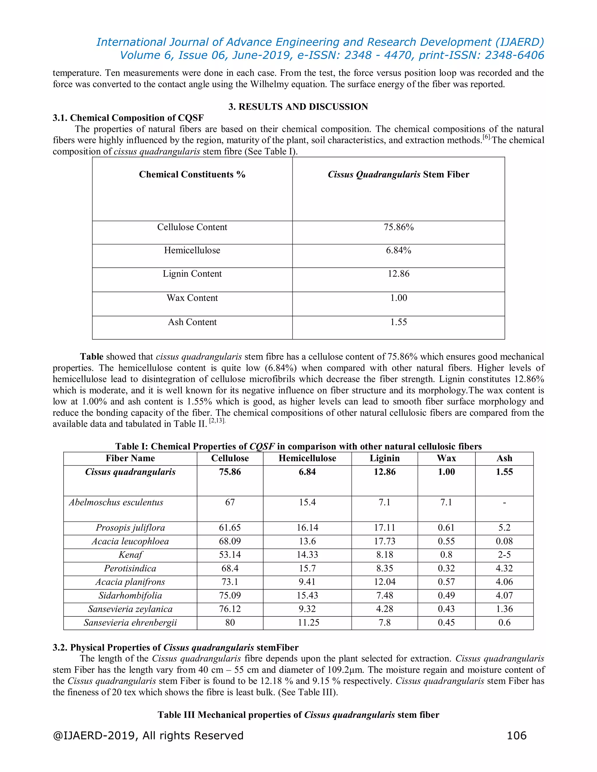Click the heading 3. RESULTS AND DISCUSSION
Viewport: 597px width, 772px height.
(x=298, y=107)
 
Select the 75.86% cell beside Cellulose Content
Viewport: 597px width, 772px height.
(x=398, y=227)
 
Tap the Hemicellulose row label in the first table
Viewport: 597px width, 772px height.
(x=192, y=251)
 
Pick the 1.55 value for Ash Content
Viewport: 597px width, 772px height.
(x=398, y=322)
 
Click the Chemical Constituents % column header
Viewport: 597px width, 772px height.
(x=192, y=175)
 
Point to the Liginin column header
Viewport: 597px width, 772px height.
(x=384, y=459)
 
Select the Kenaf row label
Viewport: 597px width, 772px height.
(x=130, y=555)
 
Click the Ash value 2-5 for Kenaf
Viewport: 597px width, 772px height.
(x=504, y=555)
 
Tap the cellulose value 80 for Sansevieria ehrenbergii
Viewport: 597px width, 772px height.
(x=230, y=623)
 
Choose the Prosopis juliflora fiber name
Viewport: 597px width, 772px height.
(x=130, y=528)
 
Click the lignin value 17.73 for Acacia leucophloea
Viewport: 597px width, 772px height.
(x=384, y=541)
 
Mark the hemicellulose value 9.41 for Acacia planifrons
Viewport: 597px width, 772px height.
(x=307, y=582)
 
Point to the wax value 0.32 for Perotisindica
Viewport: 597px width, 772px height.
(x=446, y=568)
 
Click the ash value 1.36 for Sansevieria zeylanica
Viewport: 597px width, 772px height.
(x=504, y=609)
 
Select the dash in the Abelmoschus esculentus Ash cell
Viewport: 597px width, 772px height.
(x=504, y=503)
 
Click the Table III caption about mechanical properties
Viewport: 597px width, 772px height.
(x=298, y=715)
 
